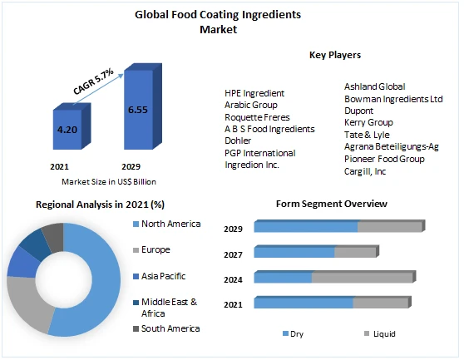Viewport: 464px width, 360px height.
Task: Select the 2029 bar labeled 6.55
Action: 138,109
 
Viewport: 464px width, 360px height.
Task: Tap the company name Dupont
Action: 360,110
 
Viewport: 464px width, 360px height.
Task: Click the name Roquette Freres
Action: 259,117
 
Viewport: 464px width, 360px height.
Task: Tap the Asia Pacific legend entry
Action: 162,276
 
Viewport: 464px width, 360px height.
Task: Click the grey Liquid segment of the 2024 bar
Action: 362,278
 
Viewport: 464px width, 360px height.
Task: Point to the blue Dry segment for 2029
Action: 305,226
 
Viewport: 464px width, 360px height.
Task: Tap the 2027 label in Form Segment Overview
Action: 233,254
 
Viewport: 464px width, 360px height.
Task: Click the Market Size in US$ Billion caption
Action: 109,181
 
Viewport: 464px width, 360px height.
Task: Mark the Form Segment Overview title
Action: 331,204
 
